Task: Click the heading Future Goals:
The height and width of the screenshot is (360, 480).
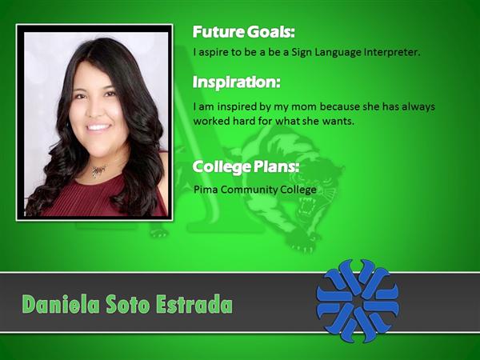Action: (244, 32)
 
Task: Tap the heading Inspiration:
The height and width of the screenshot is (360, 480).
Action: (236, 82)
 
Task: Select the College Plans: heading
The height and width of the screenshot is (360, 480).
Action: (246, 167)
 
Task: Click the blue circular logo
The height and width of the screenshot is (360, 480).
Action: (358, 301)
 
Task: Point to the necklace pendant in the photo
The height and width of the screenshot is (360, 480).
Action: (98, 171)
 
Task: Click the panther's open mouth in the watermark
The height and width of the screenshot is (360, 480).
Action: (306, 206)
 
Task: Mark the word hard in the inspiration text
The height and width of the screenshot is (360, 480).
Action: (243, 122)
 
